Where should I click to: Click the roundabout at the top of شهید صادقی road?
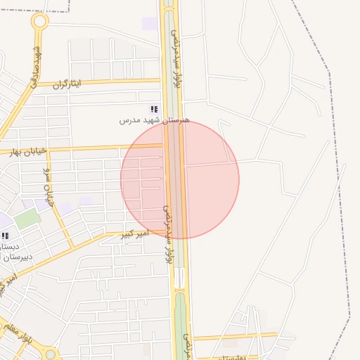tap(39, 21)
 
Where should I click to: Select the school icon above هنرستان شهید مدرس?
tap(154, 110)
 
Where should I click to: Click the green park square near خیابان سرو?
tap(27, 218)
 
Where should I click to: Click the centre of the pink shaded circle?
tap(180, 179)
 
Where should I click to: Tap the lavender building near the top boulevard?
tap(150, 23)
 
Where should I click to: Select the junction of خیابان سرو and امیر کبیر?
tap(72, 246)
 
